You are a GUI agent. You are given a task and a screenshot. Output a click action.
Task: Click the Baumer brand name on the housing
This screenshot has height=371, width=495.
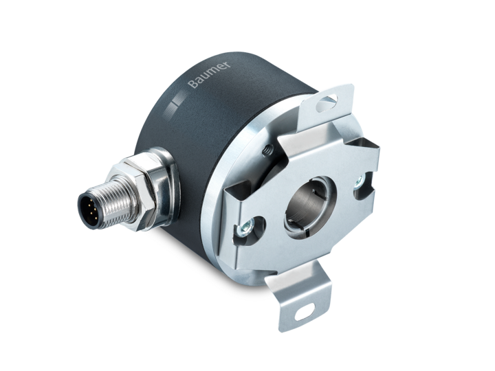tap(209, 74)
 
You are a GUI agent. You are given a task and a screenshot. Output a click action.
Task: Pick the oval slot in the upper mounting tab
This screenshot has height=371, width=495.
tap(327, 104)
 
